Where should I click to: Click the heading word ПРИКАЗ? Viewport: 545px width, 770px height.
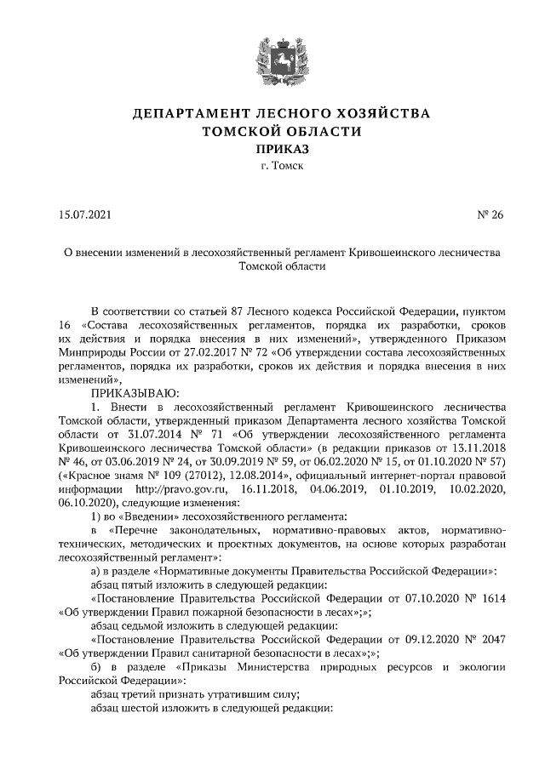tap(272, 149)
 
